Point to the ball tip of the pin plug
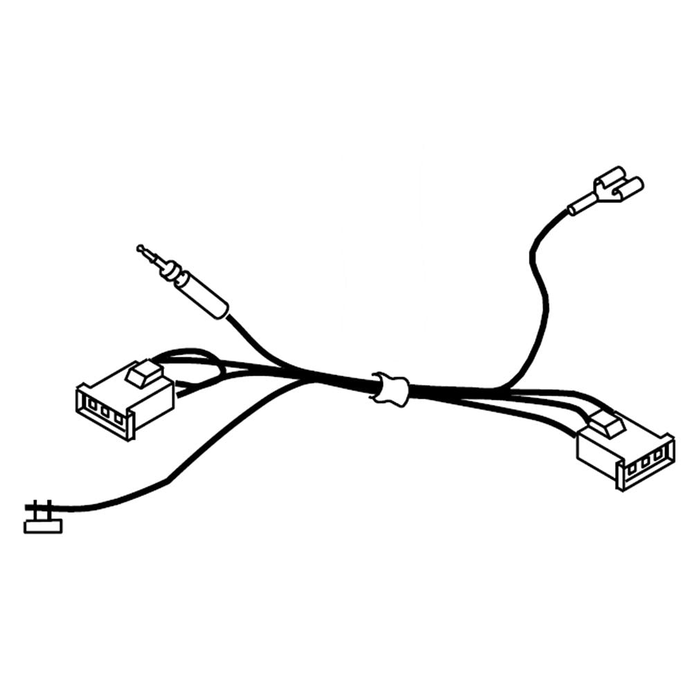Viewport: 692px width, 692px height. [140, 247]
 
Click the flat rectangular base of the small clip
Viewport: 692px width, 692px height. [42, 526]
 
